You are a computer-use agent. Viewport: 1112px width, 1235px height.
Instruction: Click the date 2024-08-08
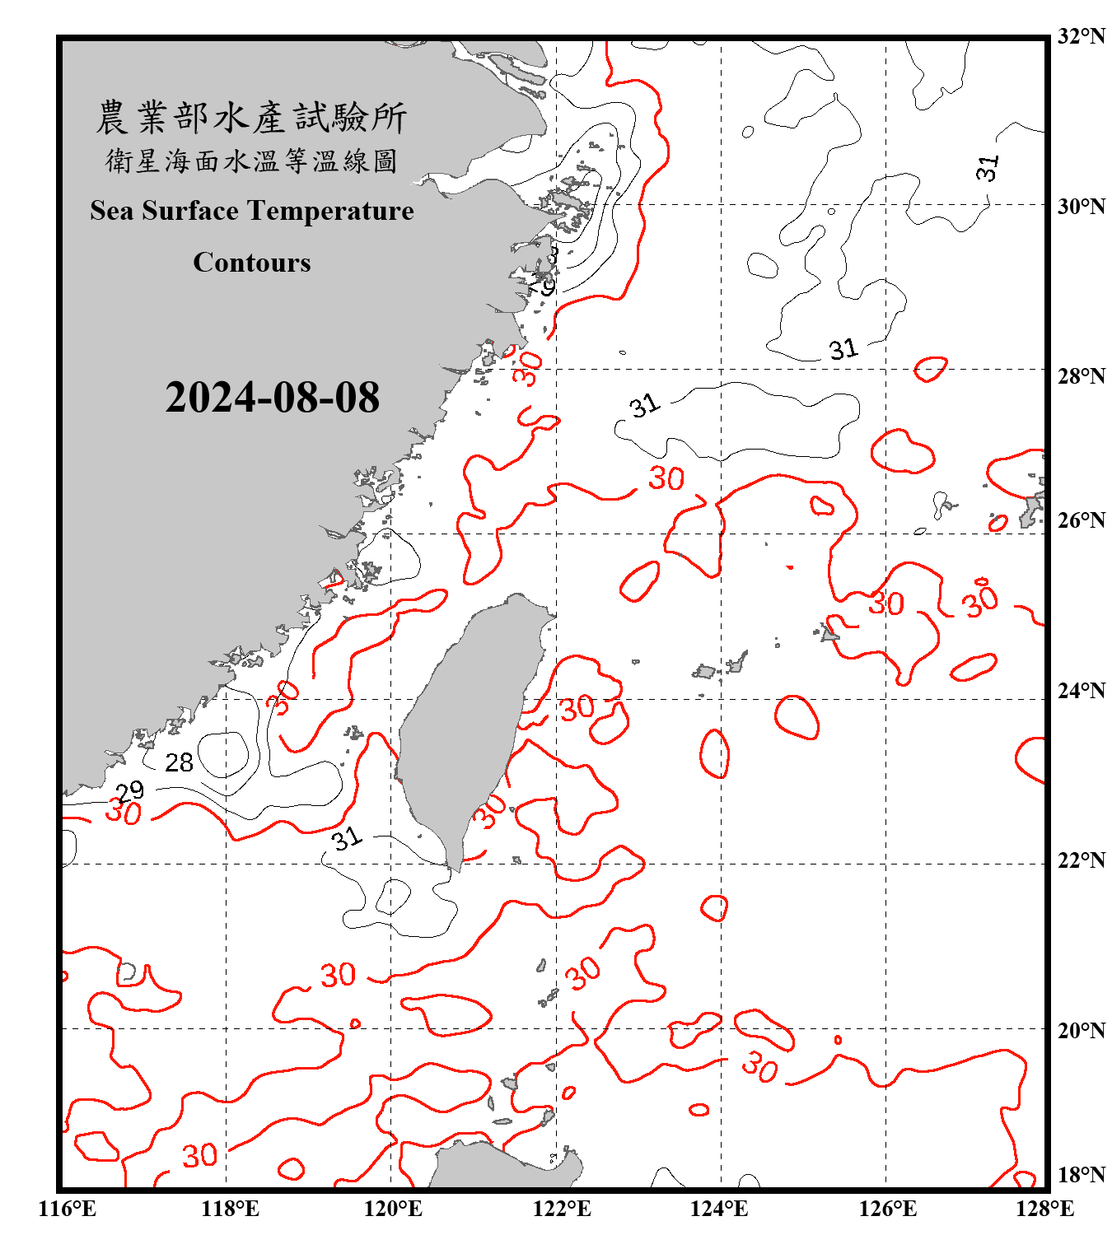[x=272, y=398]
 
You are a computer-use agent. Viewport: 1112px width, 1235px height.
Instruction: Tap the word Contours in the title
[x=252, y=262]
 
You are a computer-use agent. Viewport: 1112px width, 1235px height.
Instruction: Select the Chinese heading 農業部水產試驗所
[x=251, y=118]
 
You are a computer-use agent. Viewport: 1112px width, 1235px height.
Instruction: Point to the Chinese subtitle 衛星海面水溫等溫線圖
[x=251, y=161]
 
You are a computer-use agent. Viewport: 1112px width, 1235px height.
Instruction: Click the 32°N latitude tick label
[x=1081, y=36]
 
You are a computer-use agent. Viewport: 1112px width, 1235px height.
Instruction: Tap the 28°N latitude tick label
[x=1081, y=376]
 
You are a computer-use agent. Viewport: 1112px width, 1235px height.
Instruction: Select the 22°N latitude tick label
[x=1081, y=860]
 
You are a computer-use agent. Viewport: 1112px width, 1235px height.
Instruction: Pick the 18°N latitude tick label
[x=1081, y=1175]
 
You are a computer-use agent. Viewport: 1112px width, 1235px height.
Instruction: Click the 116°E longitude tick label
[x=67, y=1209]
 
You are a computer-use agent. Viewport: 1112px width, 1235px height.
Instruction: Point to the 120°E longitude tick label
[x=393, y=1209]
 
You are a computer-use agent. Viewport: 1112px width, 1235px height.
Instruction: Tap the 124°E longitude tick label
[x=719, y=1209]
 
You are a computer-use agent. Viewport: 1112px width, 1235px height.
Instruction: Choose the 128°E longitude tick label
[x=1044, y=1209]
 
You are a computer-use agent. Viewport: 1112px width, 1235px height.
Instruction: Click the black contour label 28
[x=179, y=762]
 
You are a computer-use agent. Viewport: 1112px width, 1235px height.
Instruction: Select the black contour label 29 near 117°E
[x=129, y=791]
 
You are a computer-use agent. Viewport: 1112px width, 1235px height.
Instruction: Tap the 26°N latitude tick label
[x=1081, y=520]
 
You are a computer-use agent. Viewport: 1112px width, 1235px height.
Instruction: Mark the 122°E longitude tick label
[x=561, y=1209]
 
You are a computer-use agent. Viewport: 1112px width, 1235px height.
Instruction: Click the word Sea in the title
[x=112, y=211]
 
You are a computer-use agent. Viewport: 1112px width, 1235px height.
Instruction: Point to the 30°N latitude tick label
[x=1081, y=206]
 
